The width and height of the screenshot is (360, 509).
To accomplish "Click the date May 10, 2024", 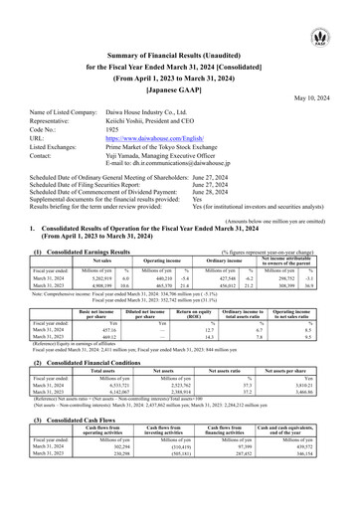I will (318, 97).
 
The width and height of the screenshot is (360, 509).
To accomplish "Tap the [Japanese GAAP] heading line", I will (180, 85).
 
